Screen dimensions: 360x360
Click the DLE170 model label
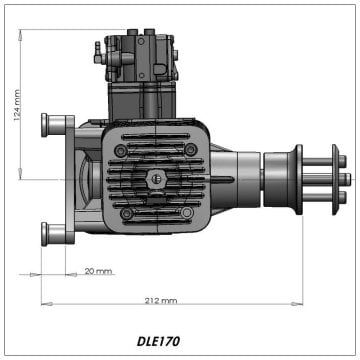pos(158,341)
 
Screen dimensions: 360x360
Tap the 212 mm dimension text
pos(161,300)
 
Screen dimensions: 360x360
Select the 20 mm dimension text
pos(98,271)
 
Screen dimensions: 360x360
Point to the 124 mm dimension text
pos(18,105)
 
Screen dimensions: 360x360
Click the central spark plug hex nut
pos(154,179)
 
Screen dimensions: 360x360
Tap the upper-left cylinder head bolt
pos(121,151)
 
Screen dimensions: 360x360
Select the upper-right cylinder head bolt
pos(190,149)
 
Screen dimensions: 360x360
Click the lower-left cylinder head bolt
pos(126,213)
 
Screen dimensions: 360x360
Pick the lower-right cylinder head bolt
pos(187,212)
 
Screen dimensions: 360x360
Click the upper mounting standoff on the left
pos(53,125)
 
